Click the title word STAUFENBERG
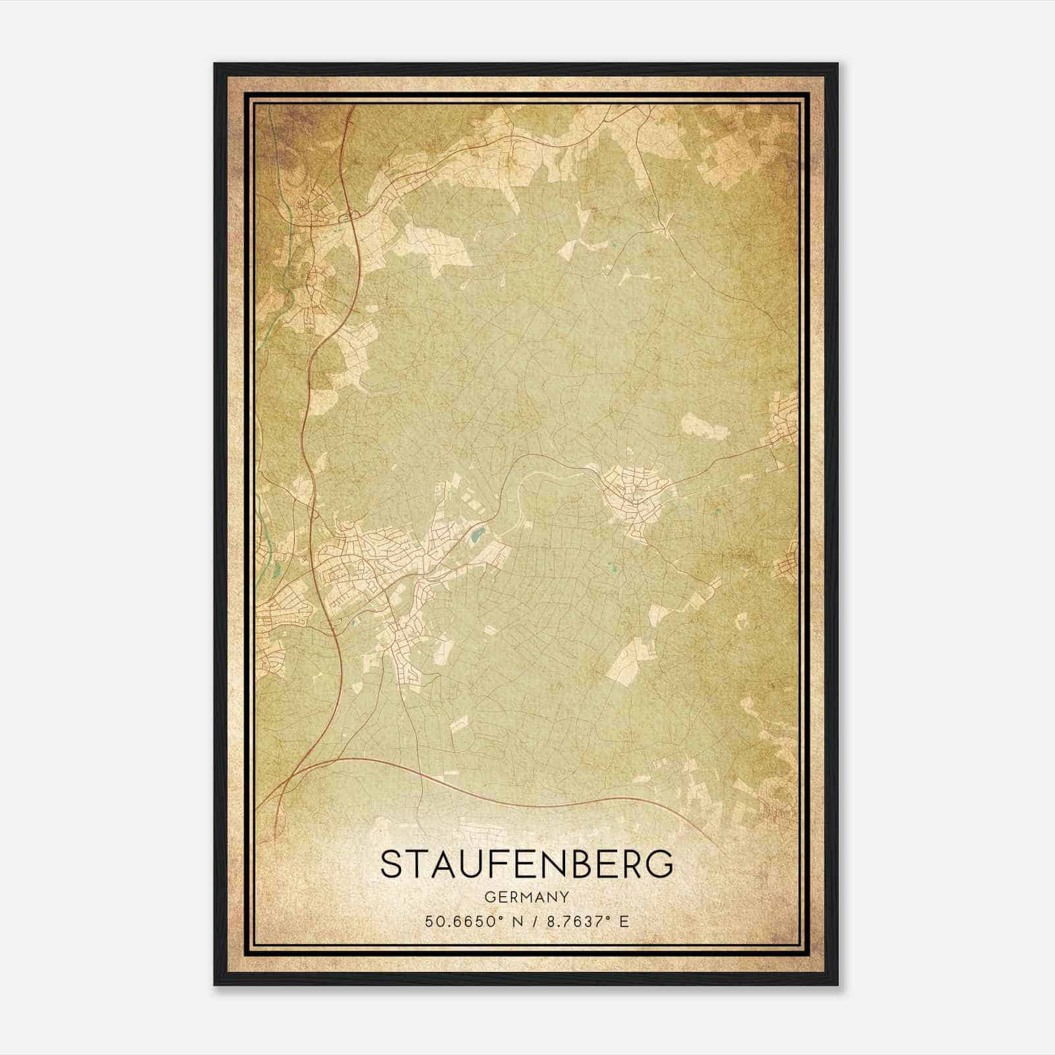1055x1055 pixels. tap(527, 863)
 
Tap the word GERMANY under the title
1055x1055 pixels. tap(527, 897)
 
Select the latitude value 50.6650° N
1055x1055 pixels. tap(469, 921)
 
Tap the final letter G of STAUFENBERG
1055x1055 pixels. tap(661, 863)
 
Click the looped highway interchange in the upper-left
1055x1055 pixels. tap(346, 217)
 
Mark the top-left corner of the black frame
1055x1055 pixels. tap(215, 65)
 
